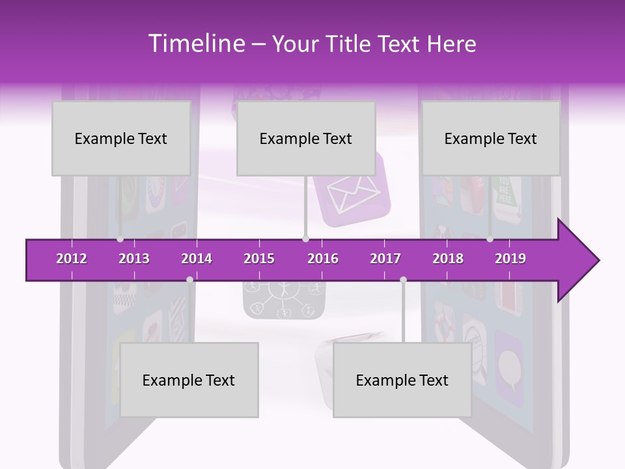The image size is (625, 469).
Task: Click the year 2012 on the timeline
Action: (x=72, y=259)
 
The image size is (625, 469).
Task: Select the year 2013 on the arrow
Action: (x=134, y=259)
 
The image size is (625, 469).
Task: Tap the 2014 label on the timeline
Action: (x=197, y=259)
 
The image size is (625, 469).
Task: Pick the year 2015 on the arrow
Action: (x=259, y=259)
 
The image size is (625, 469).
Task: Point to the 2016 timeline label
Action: (x=323, y=259)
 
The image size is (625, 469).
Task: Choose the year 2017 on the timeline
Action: (x=385, y=259)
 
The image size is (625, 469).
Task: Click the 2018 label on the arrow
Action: (x=448, y=259)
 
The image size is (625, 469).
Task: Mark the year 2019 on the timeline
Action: (x=510, y=259)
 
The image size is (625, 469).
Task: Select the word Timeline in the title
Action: (x=195, y=44)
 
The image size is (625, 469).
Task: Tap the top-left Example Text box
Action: (x=121, y=139)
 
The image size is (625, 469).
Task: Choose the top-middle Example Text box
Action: (x=306, y=139)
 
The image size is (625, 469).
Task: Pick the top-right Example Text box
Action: (x=491, y=139)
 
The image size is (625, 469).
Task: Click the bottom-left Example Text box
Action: (x=189, y=380)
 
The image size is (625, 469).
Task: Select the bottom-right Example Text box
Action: (x=402, y=380)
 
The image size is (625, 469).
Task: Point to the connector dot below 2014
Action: (x=189, y=279)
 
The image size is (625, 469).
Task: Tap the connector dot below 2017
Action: (x=403, y=279)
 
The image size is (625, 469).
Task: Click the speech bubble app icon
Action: (x=508, y=362)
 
